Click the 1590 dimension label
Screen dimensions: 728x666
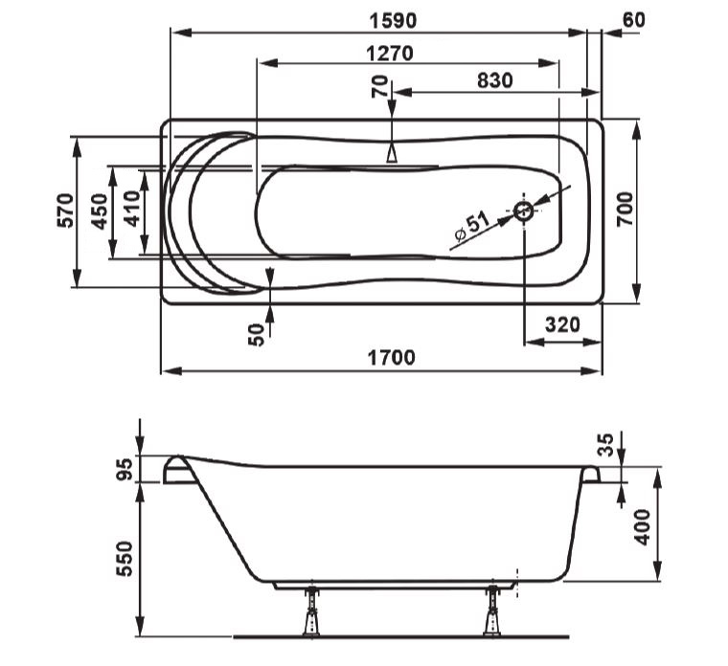point(393,21)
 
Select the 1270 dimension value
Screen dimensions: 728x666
point(390,54)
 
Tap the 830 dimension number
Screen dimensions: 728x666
point(495,80)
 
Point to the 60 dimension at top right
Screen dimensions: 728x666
point(633,20)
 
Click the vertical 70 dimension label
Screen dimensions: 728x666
point(379,87)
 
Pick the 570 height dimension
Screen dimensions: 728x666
point(65,211)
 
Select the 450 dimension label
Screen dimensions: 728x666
point(100,211)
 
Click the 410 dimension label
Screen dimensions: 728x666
point(132,209)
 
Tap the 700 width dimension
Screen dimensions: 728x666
point(625,209)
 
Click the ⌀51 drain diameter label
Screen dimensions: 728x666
point(471,227)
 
